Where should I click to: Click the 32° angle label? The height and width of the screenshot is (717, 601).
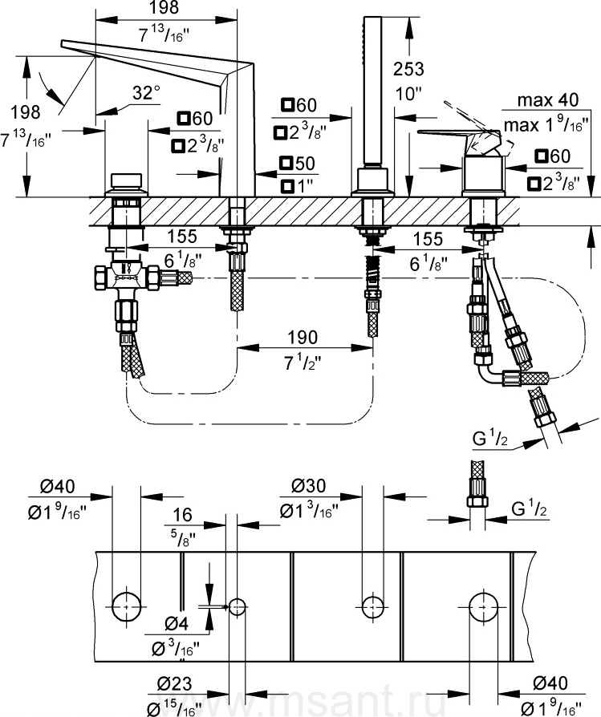146,93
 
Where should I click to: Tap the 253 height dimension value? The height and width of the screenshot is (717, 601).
408,69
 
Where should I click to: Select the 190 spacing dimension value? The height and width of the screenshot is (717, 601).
303,338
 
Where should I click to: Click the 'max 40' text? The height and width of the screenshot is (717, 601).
548,99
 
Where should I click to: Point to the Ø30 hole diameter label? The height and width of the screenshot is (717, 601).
309,485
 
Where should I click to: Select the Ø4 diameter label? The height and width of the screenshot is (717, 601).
177,623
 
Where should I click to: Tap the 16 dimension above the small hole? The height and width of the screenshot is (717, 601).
182,515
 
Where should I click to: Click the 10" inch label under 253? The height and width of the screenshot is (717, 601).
408,94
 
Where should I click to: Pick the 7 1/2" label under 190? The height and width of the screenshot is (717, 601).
303,363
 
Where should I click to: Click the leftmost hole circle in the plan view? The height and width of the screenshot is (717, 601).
126,606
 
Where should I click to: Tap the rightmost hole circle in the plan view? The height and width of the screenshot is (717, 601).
483,606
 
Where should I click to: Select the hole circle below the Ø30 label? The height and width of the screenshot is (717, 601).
373,607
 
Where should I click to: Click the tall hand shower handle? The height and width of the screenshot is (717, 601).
372,91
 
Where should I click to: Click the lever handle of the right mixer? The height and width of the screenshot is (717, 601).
457,135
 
